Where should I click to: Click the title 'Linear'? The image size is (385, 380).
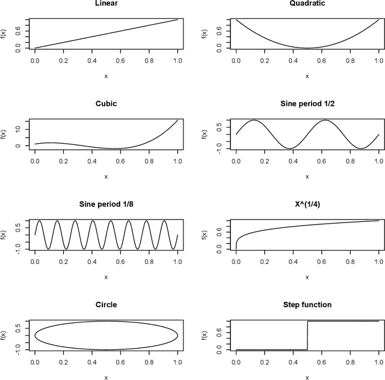tap(106, 4)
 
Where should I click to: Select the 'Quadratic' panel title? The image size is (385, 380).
tap(307, 4)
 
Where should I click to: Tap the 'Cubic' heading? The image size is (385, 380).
tap(106, 103)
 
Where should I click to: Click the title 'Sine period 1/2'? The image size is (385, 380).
tap(307, 103)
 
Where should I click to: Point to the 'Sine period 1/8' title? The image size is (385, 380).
tap(106, 204)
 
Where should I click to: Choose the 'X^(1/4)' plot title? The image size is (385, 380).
tap(307, 204)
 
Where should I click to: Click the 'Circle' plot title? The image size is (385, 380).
tap(106, 305)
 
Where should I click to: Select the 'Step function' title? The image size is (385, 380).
tap(307, 305)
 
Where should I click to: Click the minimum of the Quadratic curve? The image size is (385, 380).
tap(307, 48)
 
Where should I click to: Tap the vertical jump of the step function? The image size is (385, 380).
tap(307, 336)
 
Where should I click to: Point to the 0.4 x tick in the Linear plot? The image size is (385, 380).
tap(91, 61)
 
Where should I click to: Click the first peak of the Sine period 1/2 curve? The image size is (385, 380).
tap(254, 120)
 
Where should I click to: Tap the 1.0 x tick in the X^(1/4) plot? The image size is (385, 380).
tap(378, 262)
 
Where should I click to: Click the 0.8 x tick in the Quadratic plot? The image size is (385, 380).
tap(350, 61)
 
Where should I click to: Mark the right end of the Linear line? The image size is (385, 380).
tap(177, 19)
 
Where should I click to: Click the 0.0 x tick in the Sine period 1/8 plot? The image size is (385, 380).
tap(35, 262)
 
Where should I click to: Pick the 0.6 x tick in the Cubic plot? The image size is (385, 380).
tap(120, 162)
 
